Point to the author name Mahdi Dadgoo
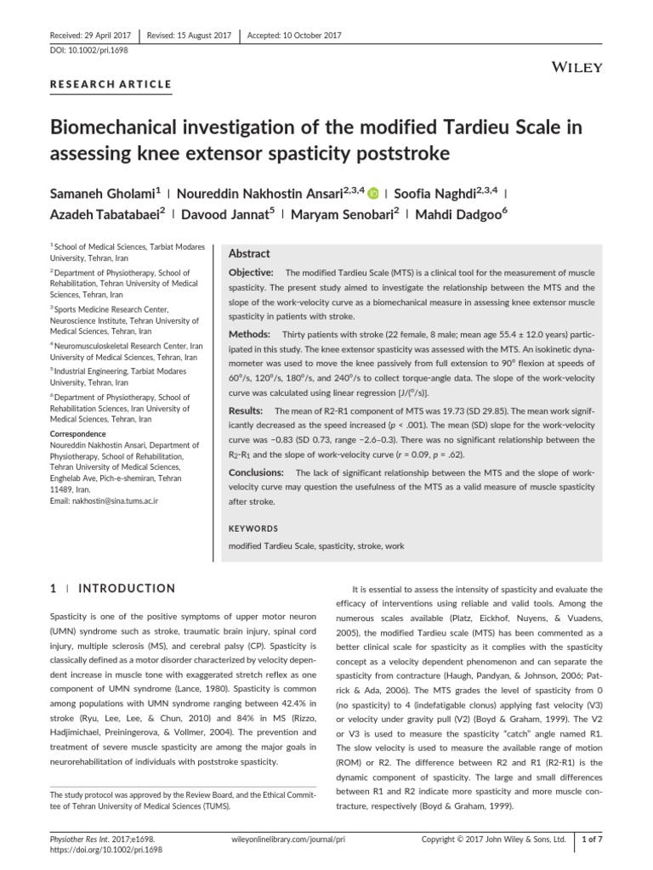[x=463, y=217]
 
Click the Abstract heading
[x=249, y=253]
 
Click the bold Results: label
[x=247, y=410]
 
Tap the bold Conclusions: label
[x=258, y=472]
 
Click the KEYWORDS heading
[x=253, y=528]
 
